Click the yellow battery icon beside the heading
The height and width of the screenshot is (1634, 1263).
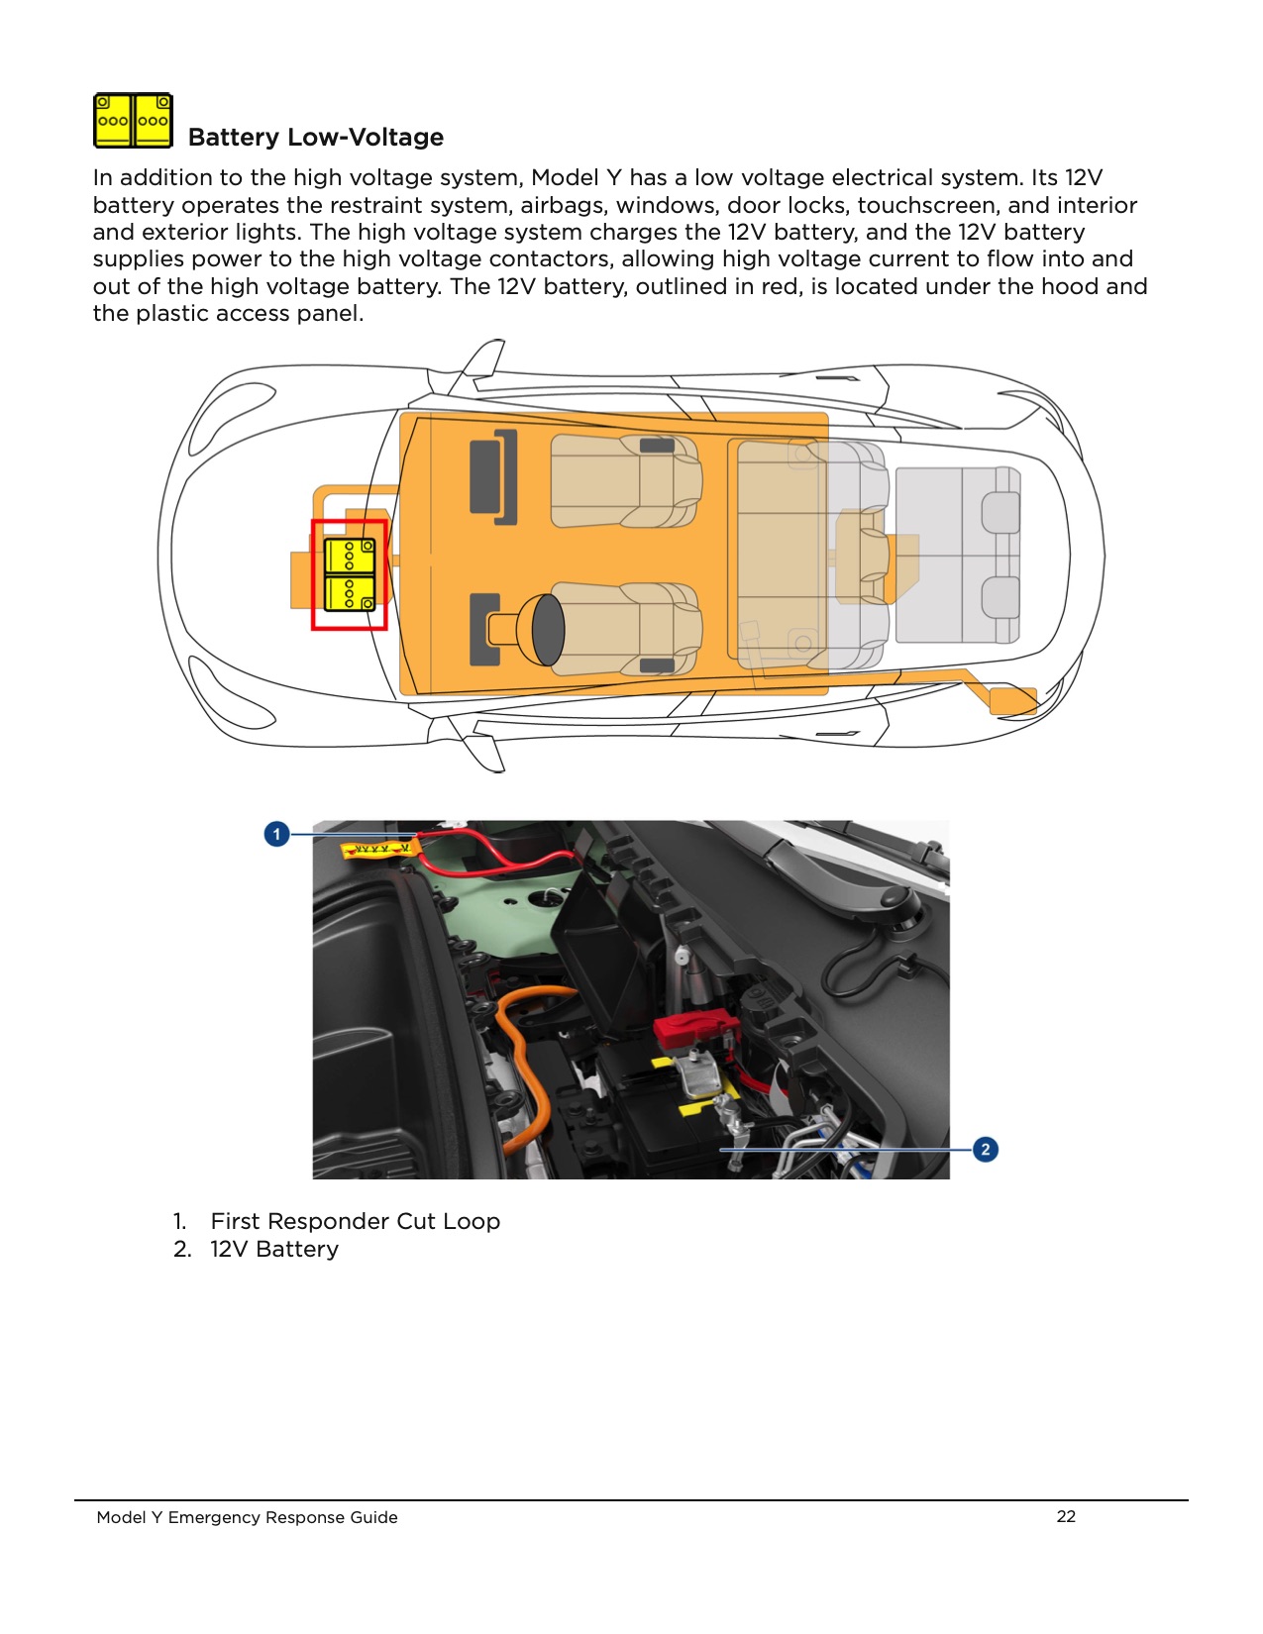(x=133, y=121)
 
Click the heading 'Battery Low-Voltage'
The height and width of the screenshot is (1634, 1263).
(x=315, y=137)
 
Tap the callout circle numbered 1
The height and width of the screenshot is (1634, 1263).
(x=276, y=834)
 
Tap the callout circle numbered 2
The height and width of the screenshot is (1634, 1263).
(x=985, y=1149)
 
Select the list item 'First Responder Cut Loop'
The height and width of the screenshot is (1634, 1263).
(x=355, y=1221)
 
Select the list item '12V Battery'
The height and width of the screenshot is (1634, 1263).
(x=273, y=1249)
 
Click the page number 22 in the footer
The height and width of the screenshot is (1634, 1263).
(x=1066, y=1516)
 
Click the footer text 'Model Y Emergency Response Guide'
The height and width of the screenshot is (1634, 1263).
(x=247, y=1517)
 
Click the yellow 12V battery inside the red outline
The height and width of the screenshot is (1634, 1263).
(x=349, y=574)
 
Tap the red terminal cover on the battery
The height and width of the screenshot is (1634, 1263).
(x=694, y=1031)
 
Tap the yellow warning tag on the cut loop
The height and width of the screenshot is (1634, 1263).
(x=376, y=850)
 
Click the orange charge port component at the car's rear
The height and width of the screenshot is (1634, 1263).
(x=1012, y=700)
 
